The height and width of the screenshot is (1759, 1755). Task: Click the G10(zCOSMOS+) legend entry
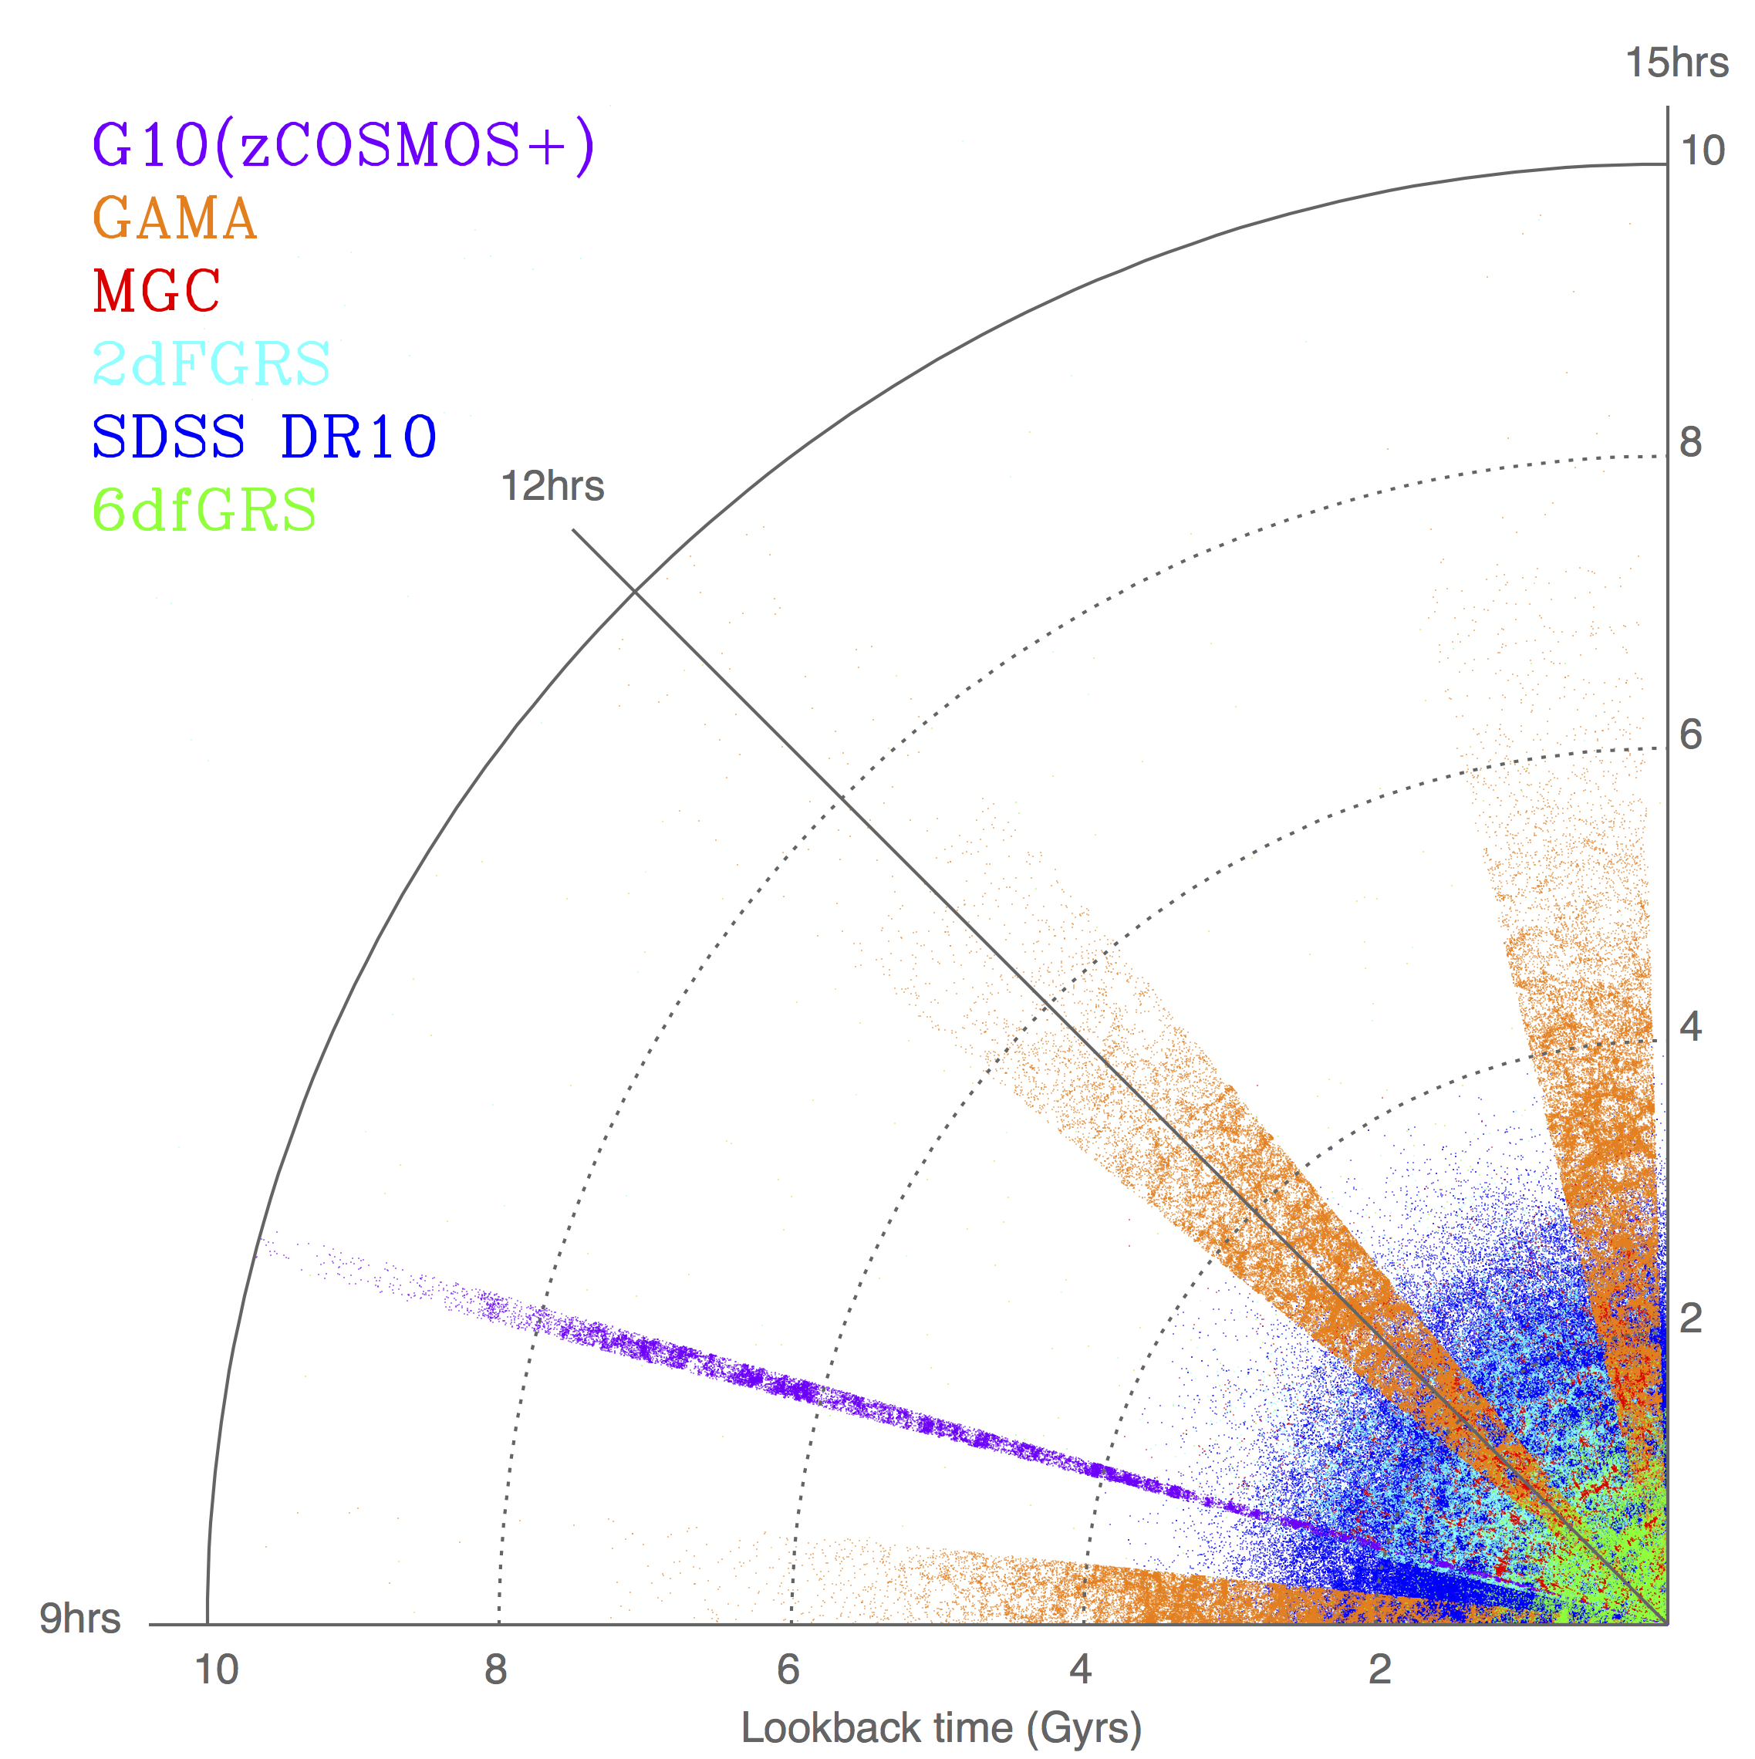[344, 146]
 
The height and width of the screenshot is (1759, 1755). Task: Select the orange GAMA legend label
[175, 218]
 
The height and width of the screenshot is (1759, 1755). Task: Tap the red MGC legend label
[157, 292]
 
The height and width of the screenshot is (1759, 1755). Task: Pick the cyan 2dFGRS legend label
[211, 364]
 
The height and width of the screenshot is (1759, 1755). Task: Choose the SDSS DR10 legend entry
[264, 437]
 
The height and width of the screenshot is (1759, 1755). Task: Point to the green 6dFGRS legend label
[204, 510]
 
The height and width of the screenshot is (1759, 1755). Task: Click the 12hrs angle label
[552, 486]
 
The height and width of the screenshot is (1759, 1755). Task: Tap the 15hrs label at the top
[1677, 62]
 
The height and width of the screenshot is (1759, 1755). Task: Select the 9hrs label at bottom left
[80, 1618]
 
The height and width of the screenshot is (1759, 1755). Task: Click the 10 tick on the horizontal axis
[217, 1670]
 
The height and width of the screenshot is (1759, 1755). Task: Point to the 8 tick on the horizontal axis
[496, 1670]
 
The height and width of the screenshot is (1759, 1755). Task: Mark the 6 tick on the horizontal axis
[788, 1670]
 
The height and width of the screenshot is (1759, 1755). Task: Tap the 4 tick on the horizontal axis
[1081, 1670]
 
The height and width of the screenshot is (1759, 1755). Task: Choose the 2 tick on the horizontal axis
[1380, 1670]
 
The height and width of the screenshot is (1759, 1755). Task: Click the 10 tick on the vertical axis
[1703, 151]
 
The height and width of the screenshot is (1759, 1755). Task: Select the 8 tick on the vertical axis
[1691, 444]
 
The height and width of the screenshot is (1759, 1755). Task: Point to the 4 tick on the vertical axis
[1691, 1028]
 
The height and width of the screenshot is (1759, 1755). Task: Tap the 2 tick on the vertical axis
[1691, 1319]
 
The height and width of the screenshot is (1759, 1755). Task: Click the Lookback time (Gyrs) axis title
[941, 1728]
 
